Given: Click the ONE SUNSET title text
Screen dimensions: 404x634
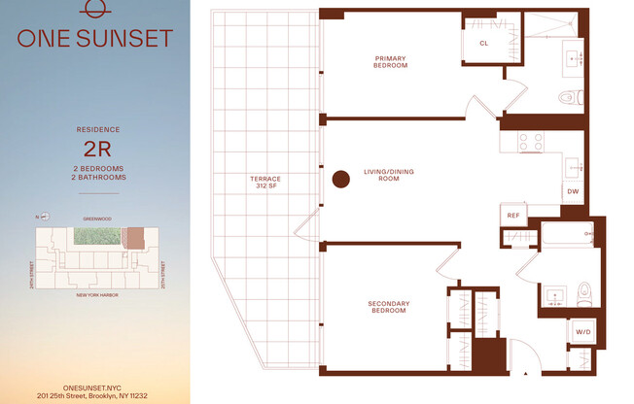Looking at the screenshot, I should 95,39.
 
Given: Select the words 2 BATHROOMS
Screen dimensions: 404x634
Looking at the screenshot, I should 99,178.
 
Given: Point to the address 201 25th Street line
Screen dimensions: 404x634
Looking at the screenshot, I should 95,395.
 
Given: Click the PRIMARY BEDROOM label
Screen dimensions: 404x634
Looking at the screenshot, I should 390,62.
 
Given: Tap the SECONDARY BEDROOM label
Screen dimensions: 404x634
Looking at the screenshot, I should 388,308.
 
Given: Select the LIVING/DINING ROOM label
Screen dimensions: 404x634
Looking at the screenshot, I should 389,176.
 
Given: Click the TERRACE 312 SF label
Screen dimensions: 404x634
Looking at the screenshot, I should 264,183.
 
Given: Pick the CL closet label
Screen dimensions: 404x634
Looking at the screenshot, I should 483,44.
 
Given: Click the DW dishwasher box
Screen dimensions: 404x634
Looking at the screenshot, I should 573,191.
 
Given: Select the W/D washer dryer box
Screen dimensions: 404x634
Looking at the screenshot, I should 582,332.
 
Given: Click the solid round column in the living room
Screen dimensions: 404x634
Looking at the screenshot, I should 340,179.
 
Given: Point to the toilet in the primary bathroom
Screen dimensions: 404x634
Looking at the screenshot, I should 571,96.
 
